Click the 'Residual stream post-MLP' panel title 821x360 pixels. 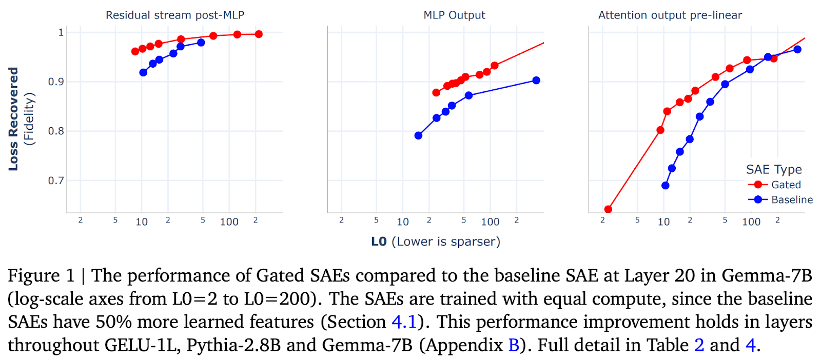[x=175, y=15]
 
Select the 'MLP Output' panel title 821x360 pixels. [x=454, y=15]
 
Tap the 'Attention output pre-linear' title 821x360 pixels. [x=670, y=15]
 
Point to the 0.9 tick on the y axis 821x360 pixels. [x=56, y=82]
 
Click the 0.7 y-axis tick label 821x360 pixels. [x=56, y=181]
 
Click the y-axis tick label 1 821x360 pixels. [x=61, y=32]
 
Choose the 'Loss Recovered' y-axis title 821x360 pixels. [x=13, y=119]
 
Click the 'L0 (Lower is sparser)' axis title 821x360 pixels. [x=435, y=242]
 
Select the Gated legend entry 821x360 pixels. [x=785, y=185]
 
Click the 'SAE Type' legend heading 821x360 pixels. [x=773, y=169]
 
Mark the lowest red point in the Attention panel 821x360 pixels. [x=608, y=209]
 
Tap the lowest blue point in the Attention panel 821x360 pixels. [x=665, y=186]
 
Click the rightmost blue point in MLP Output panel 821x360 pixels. [x=536, y=81]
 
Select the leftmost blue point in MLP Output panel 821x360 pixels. [x=418, y=135]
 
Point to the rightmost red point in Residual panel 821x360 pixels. [x=259, y=34]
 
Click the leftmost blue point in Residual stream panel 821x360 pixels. [x=143, y=73]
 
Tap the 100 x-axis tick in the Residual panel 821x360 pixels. [x=229, y=222]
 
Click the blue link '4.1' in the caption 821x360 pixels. [x=404, y=322]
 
